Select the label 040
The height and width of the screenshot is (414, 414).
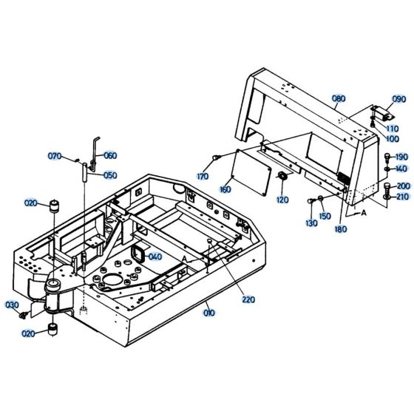tap(155, 257)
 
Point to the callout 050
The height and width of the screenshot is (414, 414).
tap(109, 175)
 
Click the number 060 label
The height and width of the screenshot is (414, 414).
tap(109, 155)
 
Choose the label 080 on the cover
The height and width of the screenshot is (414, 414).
tap(338, 99)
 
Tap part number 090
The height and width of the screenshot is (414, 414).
tap(398, 98)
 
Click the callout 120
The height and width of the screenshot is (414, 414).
tap(282, 200)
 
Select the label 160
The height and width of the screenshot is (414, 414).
tap(225, 190)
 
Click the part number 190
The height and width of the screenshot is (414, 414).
tap(401, 157)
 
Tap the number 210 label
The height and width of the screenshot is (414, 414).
tap(401, 197)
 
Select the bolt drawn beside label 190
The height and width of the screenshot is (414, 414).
tap(387, 157)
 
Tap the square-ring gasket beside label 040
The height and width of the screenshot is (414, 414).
tap(138, 254)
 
